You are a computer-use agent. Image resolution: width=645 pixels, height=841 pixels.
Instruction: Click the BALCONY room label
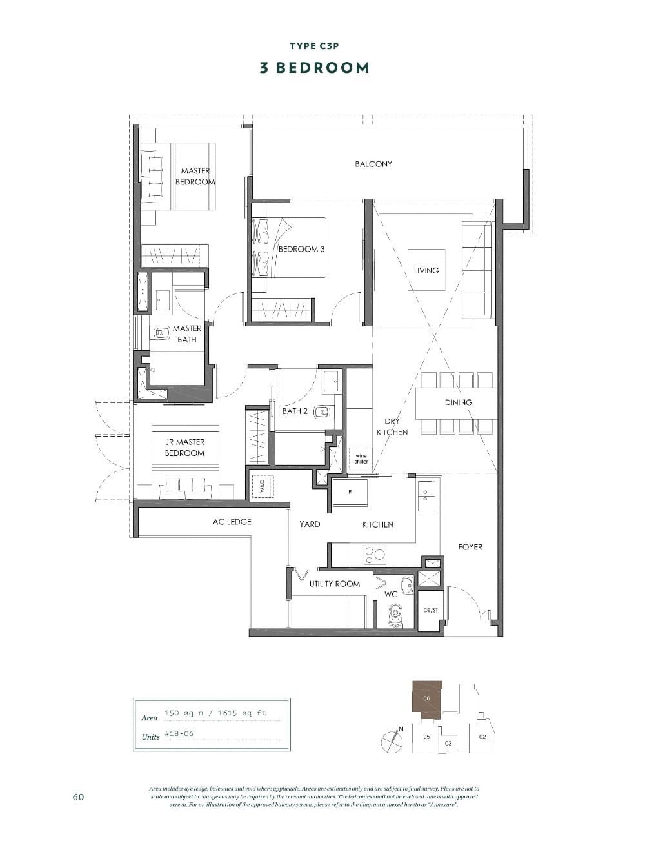coord(373,164)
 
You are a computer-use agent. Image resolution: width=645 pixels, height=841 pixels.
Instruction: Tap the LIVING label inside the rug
coord(426,270)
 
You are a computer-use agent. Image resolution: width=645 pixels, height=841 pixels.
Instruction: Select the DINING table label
coord(458,402)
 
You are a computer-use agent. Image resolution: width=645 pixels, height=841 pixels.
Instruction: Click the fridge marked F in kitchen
coord(350,492)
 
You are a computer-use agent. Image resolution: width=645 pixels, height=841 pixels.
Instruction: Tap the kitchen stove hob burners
coord(375,553)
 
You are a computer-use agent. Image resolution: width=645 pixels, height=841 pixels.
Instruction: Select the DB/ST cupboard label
coord(430,610)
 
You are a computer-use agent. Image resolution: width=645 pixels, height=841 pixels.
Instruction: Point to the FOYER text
coord(470,547)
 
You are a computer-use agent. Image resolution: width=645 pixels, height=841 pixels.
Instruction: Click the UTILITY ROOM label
coord(334,584)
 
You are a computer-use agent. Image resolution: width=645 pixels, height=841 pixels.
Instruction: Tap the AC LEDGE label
coord(232,521)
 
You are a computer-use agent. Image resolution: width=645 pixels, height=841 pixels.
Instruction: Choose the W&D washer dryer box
coord(263,484)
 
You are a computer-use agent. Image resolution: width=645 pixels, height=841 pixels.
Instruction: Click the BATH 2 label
coord(295,411)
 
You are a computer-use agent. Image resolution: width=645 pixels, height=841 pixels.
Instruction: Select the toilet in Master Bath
coord(161,333)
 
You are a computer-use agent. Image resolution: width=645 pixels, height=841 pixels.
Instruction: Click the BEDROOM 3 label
coord(301,249)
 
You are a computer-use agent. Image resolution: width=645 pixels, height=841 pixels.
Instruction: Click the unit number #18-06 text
coord(179,734)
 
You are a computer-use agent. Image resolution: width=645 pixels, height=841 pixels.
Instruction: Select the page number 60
coord(78,796)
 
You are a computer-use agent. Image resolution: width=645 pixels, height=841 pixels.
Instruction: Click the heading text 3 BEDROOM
coord(314,68)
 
